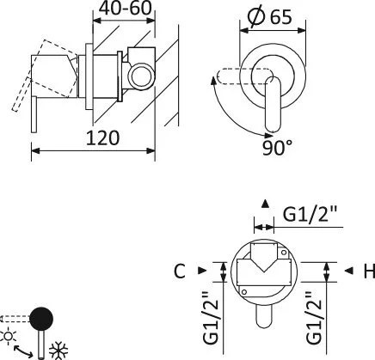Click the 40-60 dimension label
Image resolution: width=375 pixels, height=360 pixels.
(x=125, y=8)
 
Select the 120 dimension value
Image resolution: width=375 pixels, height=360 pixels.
(x=102, y=137)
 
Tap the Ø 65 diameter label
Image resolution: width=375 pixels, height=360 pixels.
(x=269, y=16)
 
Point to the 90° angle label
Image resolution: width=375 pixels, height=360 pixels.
(x=277, y=148)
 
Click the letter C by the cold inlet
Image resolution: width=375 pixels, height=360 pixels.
(x=180, y=271)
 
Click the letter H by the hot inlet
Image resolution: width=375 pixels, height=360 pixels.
(x=369, y=271)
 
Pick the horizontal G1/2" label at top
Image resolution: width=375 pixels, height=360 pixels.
(x=310, y=214)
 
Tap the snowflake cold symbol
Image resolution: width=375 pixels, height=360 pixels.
(x=58, y=351)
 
